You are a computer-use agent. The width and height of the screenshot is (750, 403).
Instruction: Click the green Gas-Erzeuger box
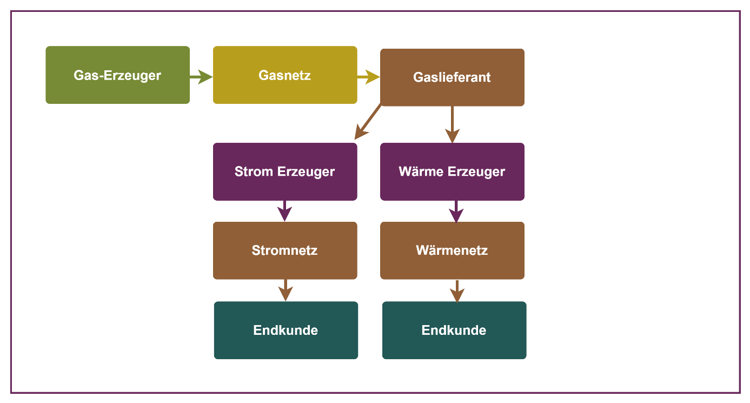117,75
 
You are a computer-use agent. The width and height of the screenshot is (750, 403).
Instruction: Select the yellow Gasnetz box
285,75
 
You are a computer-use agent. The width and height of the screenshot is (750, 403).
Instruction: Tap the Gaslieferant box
452,77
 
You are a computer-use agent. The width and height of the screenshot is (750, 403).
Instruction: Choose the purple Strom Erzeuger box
285,171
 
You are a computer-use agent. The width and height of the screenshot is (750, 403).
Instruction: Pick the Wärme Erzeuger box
452,171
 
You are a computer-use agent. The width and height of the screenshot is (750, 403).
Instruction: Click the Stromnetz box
285,250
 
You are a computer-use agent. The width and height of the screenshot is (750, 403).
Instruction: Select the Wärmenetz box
452,250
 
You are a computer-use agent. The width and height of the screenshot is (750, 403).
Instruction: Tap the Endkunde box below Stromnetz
286,330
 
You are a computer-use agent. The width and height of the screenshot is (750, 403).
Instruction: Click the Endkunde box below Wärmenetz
454,330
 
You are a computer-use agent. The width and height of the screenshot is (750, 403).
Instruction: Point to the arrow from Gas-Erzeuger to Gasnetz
201,77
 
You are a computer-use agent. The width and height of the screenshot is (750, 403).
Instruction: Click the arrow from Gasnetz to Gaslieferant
368,77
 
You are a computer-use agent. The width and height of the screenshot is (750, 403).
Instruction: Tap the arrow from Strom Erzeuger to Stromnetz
284,210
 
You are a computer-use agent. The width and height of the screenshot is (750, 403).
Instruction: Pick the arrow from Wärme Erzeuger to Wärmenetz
457,211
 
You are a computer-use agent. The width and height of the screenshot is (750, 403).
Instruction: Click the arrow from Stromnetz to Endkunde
285,290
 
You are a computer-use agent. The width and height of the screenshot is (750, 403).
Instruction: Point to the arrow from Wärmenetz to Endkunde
457,290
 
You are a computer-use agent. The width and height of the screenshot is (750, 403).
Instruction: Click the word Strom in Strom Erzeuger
254,171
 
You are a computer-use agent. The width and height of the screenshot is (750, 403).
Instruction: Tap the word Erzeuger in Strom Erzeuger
306,171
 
